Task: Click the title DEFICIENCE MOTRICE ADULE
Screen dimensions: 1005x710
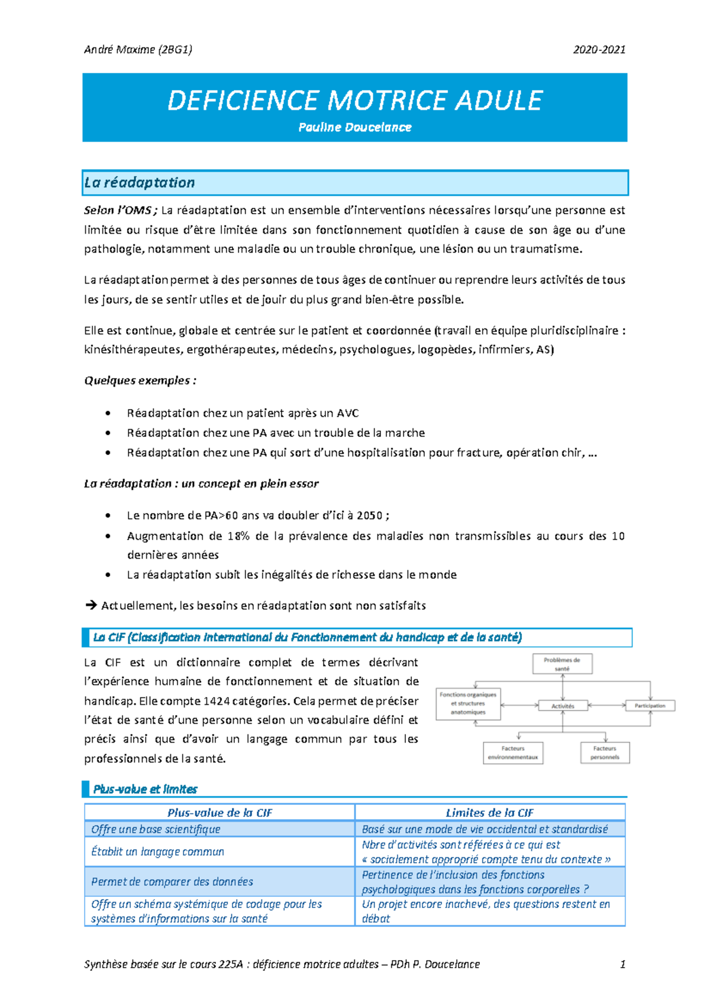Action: tap(355, 100)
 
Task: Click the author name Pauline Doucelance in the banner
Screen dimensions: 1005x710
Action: tap(355, 127)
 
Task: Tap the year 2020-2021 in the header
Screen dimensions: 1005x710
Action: tap(599, 50)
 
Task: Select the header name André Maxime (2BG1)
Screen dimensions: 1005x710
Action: tap(138, 50)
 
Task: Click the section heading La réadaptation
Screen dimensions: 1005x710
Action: tap(140, 183)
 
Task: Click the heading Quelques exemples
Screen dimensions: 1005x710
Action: tap(140, 381)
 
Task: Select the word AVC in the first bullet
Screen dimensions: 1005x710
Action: tap(347, 413)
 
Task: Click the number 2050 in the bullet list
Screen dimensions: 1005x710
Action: tap(369, 516)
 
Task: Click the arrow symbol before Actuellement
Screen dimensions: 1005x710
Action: tap(91, 605)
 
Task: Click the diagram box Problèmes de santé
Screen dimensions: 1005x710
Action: tap(562, 664)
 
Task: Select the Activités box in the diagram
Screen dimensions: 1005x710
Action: tap(563, 706)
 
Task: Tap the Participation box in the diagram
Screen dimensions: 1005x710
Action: tap(650, 706)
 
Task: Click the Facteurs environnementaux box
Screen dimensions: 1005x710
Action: tap(513, 753)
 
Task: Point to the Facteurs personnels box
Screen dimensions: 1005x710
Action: tap(605, 753)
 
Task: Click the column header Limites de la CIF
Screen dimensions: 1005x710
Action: tap(489, 813)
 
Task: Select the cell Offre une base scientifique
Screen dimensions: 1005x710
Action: tap(156, 829)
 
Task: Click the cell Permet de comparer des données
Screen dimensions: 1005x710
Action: tap(172, 881)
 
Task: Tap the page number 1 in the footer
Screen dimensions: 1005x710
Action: tap(622, 964)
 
